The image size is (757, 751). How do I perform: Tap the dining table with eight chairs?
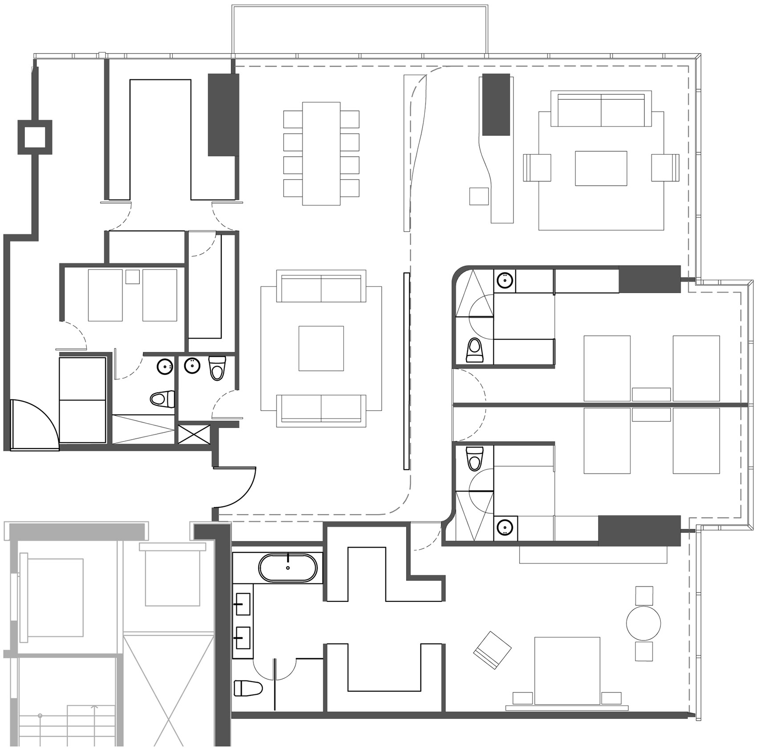[x=321, y=153]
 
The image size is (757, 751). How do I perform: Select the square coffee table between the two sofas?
[x=321, y=348]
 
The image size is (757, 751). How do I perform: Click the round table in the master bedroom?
[x=643, y=623]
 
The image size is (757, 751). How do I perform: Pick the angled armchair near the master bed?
[x=492, y=650]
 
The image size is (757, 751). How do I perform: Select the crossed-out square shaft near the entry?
[x=194, y=434]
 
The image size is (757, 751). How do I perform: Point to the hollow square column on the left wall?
[x=35, y=137]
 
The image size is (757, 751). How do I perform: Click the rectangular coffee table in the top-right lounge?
[x=601, y=168]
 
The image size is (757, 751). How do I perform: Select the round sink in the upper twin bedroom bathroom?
[x=505, y=281]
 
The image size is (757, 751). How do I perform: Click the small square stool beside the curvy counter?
[x=479, y=196]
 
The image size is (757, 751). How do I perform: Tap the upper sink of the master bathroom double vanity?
[x=242, y=604]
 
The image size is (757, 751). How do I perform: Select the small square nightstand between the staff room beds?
[x=132, y=277]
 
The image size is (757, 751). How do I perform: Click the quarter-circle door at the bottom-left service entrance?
[x=33, y=424]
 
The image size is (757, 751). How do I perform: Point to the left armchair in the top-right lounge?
[x=537, y=167]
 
